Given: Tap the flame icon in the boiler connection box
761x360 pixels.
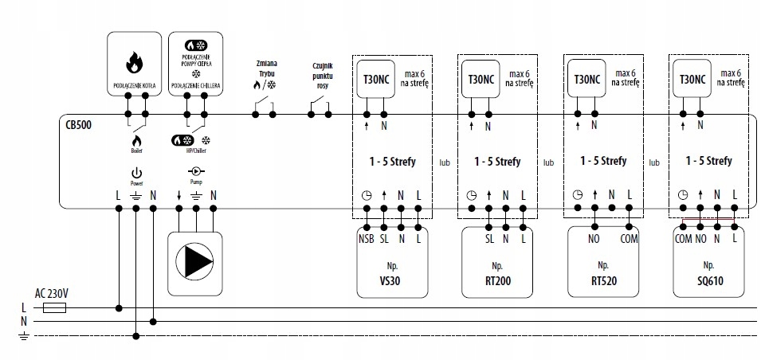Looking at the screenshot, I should (x=133, y=61).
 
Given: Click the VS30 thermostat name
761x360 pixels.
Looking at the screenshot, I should (x=391, y=280).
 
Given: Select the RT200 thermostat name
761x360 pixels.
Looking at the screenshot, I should (x=497, y=280).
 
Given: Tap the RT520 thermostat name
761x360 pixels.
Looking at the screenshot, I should (x=603, y=280).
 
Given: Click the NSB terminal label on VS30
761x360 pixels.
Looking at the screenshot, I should (x=367, y=237).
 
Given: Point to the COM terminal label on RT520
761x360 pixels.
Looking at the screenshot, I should (x=630, y=237).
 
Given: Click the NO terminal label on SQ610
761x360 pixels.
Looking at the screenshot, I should (x=701, y=237).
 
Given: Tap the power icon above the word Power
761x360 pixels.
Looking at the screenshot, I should (x=136, y=172).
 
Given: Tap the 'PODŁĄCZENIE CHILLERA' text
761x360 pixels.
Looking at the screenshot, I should (x=195, y=84).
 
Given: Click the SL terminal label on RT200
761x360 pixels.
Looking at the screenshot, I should (x=488, y=237).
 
